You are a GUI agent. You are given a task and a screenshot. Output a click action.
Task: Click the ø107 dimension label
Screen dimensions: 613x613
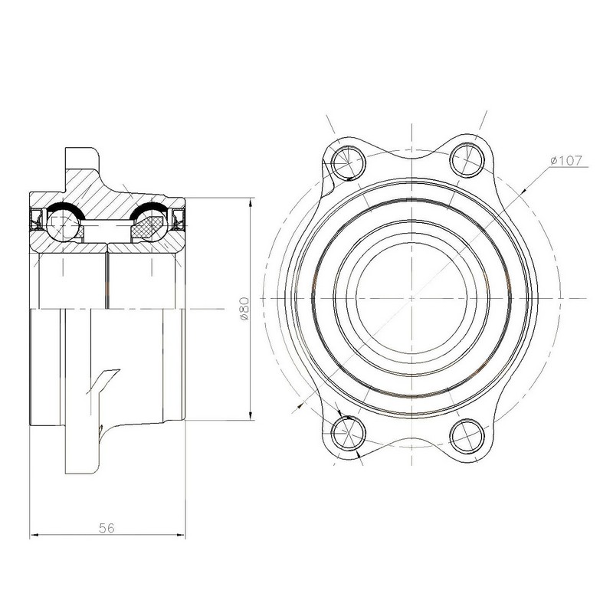565,160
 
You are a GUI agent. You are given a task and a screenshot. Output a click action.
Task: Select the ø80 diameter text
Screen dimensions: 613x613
244,309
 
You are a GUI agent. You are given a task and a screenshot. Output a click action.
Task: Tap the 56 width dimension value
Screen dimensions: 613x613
107,528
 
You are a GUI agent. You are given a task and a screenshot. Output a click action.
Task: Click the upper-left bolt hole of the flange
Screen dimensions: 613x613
348,162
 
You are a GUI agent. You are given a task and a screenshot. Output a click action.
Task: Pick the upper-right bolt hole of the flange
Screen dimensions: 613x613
467,160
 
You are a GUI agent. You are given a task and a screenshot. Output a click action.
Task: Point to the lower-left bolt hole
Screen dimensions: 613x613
348,433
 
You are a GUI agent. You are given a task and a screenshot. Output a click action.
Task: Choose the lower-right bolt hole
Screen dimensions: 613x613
467,435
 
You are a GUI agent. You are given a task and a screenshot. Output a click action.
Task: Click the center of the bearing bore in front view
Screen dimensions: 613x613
411,298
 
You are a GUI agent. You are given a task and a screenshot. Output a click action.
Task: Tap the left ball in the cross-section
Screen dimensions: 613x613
63,225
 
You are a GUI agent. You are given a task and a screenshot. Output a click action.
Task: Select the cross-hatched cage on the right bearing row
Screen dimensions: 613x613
146,227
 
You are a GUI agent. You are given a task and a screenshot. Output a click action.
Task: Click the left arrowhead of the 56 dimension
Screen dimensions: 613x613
34,535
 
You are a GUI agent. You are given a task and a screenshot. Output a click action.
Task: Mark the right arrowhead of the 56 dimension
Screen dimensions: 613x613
181,535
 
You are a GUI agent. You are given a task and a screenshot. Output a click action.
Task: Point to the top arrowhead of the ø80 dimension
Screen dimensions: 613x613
251,202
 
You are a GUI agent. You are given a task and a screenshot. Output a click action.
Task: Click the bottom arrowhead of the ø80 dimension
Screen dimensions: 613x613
251,415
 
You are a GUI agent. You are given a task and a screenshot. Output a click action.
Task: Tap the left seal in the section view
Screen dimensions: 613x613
36,219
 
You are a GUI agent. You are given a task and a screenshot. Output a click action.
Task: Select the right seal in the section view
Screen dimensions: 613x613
179,219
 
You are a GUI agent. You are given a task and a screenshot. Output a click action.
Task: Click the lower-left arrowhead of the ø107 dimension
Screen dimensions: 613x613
300,407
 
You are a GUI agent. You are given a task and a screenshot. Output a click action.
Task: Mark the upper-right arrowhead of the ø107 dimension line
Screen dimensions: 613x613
523,190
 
